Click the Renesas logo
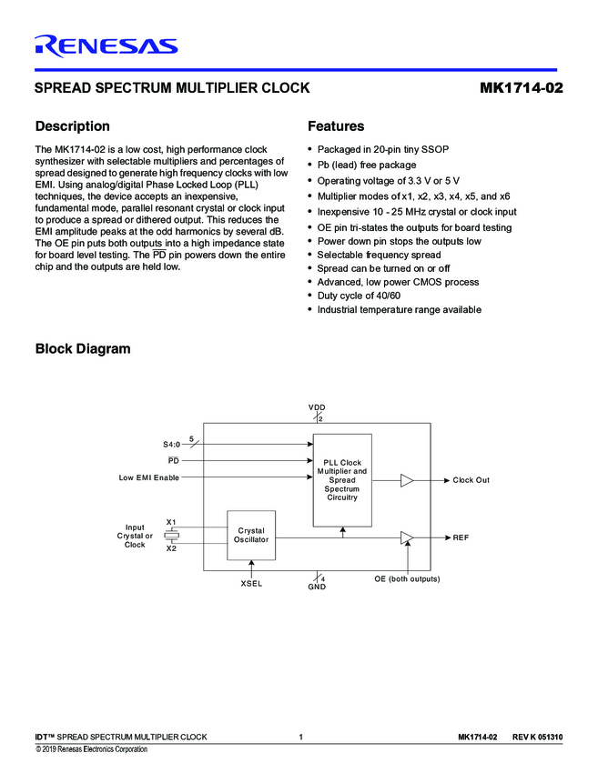[x=106, y=45]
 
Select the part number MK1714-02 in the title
[x=518, y=89]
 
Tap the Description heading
[x=72, y=126]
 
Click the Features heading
[x=336, y=126]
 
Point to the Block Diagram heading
[x=82, y=349]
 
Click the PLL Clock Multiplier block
[x=342, y=480]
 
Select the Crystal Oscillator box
[x=250, y=535]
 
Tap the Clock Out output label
[x=471, y=480]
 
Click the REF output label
[x=461, y=538]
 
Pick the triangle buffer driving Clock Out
[x=407, y=480]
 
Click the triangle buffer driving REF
[x=407, y=538]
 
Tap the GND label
[x=317, y=587]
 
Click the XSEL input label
[x=251, y=584]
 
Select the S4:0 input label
[x=171, y=445]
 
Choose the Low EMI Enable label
[x=149, y=477]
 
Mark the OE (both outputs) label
[x=407, y=579]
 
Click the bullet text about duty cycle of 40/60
[x=359, y=296]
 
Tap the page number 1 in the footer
[x=300, y=736]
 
